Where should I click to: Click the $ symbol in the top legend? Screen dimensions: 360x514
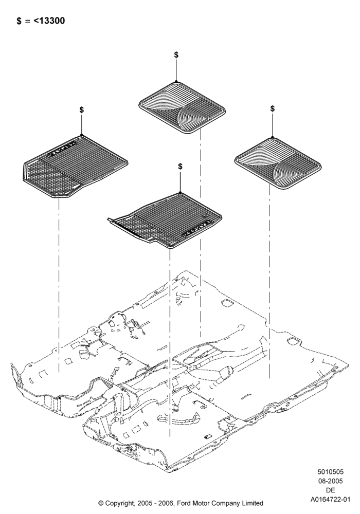19,21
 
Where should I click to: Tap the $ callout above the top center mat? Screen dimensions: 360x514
176,55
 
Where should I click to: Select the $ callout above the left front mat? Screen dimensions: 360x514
82,110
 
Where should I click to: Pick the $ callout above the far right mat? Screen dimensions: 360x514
273,108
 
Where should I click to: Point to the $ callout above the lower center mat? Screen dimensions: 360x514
181,167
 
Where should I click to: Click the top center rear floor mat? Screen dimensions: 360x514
182,107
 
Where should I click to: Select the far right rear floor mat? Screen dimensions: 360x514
278,163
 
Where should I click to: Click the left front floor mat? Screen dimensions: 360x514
76,167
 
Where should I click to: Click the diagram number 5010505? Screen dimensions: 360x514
331,472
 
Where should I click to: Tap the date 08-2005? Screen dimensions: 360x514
331,481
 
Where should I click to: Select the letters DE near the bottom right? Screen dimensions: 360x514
331,490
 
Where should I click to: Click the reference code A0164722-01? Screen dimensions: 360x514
331,500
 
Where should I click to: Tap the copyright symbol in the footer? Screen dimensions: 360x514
101,503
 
